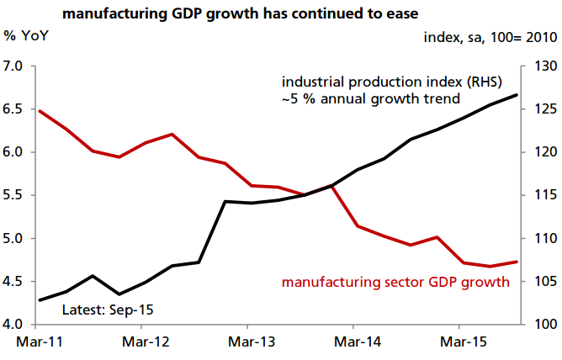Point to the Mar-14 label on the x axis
click(x=353, y=343)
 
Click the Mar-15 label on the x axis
click(x=459, y=343)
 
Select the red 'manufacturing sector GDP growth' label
click(x=395, y=282)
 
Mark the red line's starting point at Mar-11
click(x=40, y=111)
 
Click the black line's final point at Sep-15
click(x=517, y=95)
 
